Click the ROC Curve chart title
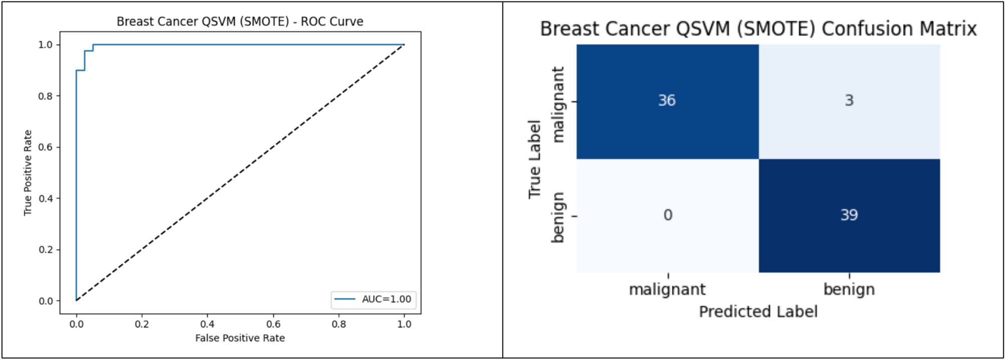[240, 22]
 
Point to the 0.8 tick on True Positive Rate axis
[46, 96]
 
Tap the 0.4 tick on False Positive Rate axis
[208, 324]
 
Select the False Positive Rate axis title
[240, 338]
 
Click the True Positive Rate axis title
[28, 173]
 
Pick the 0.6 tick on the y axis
[46, 147]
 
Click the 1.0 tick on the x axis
[404, 324]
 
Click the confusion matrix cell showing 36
[667, 101]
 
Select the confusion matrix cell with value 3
[849, 101]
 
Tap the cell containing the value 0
[667, 216]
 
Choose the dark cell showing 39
[849, 216]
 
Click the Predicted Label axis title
[758, 312]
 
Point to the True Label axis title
[535, 159]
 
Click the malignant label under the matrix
[667, 289]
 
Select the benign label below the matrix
[849, 289]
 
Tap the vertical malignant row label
[558, 104]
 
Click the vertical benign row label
[558, 217]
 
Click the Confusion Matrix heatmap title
[758, 29]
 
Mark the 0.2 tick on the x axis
[142, 324]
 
